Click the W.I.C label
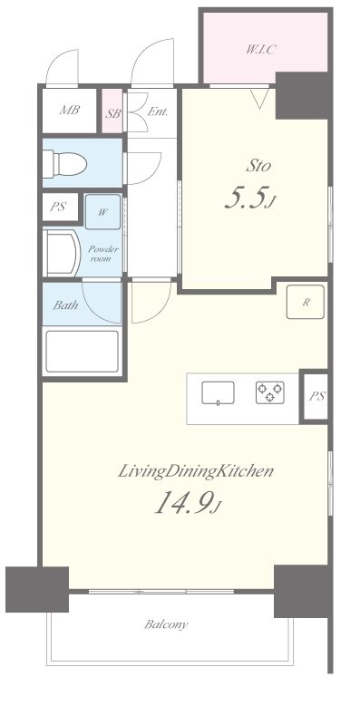(x=261, y=50)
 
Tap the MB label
(x=70, y=110)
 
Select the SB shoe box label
(x=112, y=114)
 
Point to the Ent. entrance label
(x=157, y=111)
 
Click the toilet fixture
(x=64, y=163)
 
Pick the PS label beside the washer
(x=58, y=207)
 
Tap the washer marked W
(x=102, y=212)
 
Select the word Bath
(x=65, y=305)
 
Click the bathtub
(x=82, y=351)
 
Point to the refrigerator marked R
(x=305, y=303)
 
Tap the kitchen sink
(x=218, y=393)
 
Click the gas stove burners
(x=269, y=392)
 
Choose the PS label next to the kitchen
(x=317, y=396)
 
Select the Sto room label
(x=258, y=166)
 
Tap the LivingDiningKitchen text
(x=196, y=472)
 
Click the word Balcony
(x=166, y=624)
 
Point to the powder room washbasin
(x=60, y=253)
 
